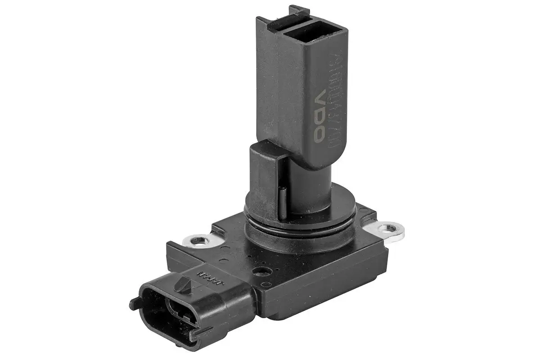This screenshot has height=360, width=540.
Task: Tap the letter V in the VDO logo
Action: [320, 98]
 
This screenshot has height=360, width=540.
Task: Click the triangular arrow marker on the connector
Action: [183, 283]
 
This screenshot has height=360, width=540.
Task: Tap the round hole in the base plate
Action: [260, 271]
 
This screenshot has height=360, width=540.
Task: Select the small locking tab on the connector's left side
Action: [134, 304]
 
